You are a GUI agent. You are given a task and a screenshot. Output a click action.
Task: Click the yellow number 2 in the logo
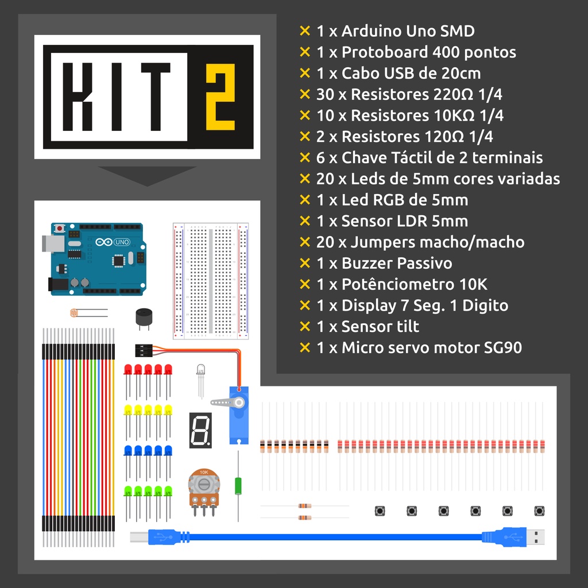tap(220, 96)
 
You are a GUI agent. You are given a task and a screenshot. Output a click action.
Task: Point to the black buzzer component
tap(144, 317)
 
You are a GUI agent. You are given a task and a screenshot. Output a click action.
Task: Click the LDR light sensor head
tap(74, 312)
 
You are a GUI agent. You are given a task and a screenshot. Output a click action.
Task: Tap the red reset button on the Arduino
tap(59, 228)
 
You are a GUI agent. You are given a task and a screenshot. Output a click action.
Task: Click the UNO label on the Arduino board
tap(122, 242)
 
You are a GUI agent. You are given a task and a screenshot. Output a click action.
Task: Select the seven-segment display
tap(200, 430)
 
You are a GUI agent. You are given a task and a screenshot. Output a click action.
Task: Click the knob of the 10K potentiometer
tap(204, 484)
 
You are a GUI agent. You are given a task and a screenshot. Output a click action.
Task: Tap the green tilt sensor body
tap(238, 486)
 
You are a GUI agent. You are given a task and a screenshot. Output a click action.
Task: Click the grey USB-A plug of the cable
tap(536, 537)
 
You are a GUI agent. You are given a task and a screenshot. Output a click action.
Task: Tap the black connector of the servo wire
tap(144, 351)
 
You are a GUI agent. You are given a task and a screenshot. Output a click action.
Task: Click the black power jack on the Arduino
tap(58, 284)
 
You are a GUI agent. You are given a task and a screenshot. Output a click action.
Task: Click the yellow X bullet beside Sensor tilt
tap(305, 326)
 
